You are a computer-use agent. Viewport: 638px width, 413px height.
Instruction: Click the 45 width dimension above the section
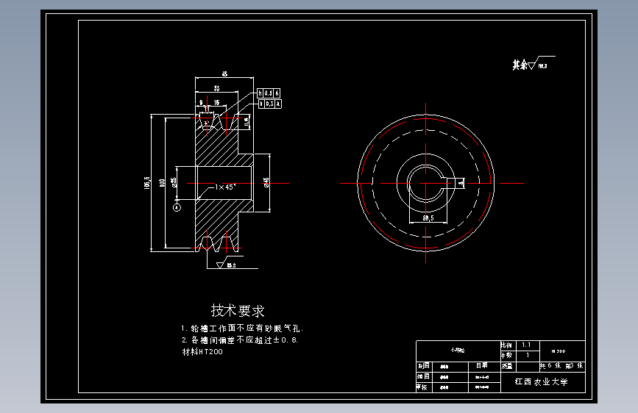click(224, 73)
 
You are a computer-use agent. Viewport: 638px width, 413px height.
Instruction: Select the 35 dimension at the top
click(216, 87)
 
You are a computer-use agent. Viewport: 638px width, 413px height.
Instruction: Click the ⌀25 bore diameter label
click(174, 182)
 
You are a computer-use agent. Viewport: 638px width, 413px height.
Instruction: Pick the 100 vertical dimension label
click(162, 182)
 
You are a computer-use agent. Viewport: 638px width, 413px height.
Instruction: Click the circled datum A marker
click(176, 208)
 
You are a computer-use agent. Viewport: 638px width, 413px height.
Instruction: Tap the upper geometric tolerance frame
click(269, 93)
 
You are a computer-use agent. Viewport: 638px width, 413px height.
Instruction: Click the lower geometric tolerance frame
click(270, 104)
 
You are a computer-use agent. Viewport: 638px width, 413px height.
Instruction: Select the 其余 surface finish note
click(532, 65)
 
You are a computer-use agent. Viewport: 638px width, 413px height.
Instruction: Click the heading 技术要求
click(237, 310)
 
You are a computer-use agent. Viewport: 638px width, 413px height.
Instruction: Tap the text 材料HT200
click(202, 352)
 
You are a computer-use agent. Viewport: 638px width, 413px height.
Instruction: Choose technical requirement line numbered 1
click(241, 328)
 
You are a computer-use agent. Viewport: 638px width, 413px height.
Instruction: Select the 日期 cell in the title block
click(481, 364)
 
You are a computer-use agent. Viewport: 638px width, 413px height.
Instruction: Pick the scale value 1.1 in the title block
click(525, 344)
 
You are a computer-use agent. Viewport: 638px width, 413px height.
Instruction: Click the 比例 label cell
click(506, 344)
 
